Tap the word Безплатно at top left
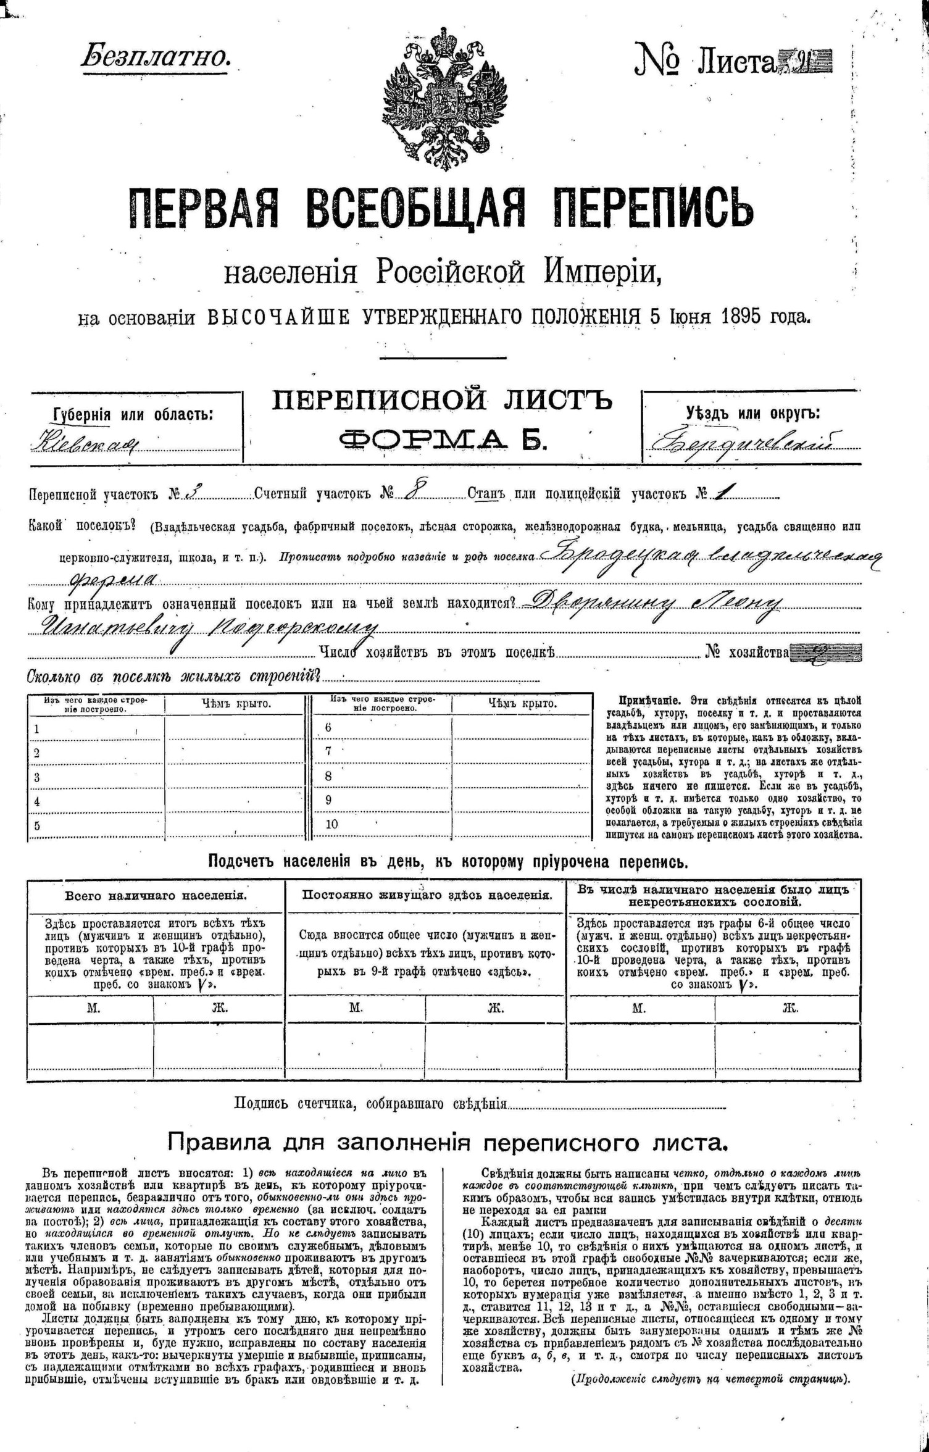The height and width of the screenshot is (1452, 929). click(x=156, y=57)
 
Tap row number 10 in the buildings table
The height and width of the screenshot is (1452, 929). click(x=332, y=824)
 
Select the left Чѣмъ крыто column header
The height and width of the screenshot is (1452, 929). click(x=236, y=704)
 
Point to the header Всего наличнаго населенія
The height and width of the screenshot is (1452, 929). click(x=156, y=896)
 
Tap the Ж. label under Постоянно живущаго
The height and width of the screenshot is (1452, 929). click(x=495, y=1008)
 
